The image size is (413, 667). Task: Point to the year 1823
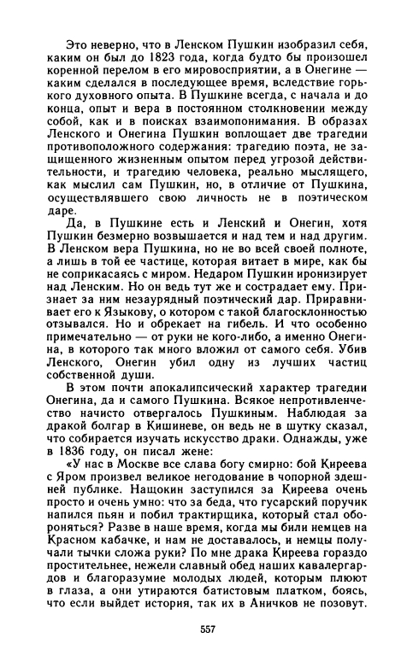point(163,56)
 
